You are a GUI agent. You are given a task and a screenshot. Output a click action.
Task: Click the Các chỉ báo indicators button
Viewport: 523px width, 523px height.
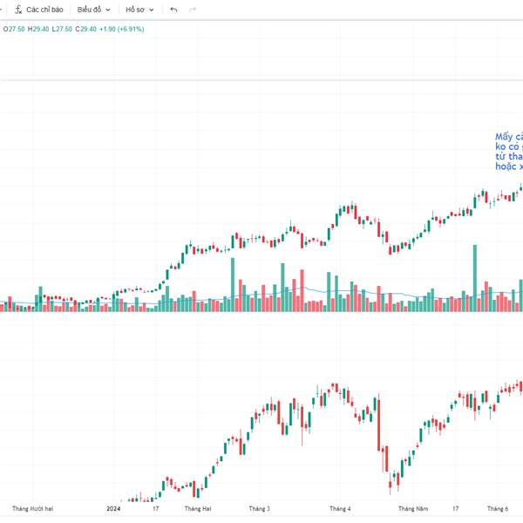point(39,10)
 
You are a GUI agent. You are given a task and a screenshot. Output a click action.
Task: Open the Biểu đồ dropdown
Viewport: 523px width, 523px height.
point(93,10)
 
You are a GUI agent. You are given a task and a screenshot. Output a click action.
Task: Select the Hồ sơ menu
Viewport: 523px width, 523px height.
point(139,10)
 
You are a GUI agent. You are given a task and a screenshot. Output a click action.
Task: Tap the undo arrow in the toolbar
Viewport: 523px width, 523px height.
point(173,10)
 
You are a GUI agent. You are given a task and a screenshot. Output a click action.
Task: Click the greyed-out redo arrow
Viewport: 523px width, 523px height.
point(192,10)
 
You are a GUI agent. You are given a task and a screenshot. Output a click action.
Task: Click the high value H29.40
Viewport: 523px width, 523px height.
point(38,29)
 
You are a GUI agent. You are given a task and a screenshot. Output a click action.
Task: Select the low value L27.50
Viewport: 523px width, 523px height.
point(61,29)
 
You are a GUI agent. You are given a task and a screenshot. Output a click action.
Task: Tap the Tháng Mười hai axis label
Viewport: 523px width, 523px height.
point(33,508)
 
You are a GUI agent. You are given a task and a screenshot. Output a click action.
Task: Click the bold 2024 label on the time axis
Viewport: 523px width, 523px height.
point(113,508)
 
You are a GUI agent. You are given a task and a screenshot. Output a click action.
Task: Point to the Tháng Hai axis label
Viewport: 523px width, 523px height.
point(198,508)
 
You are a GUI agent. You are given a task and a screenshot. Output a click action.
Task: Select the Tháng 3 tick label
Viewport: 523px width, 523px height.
point(259,508)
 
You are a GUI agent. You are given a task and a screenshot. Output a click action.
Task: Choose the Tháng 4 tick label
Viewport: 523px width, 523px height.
point(340,508)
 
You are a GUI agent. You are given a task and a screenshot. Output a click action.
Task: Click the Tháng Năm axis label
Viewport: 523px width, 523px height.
point(413,508)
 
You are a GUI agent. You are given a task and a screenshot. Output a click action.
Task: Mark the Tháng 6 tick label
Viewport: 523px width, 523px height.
point(498,508)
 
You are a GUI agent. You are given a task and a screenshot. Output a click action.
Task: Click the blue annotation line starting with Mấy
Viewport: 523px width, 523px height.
point(509,137)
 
